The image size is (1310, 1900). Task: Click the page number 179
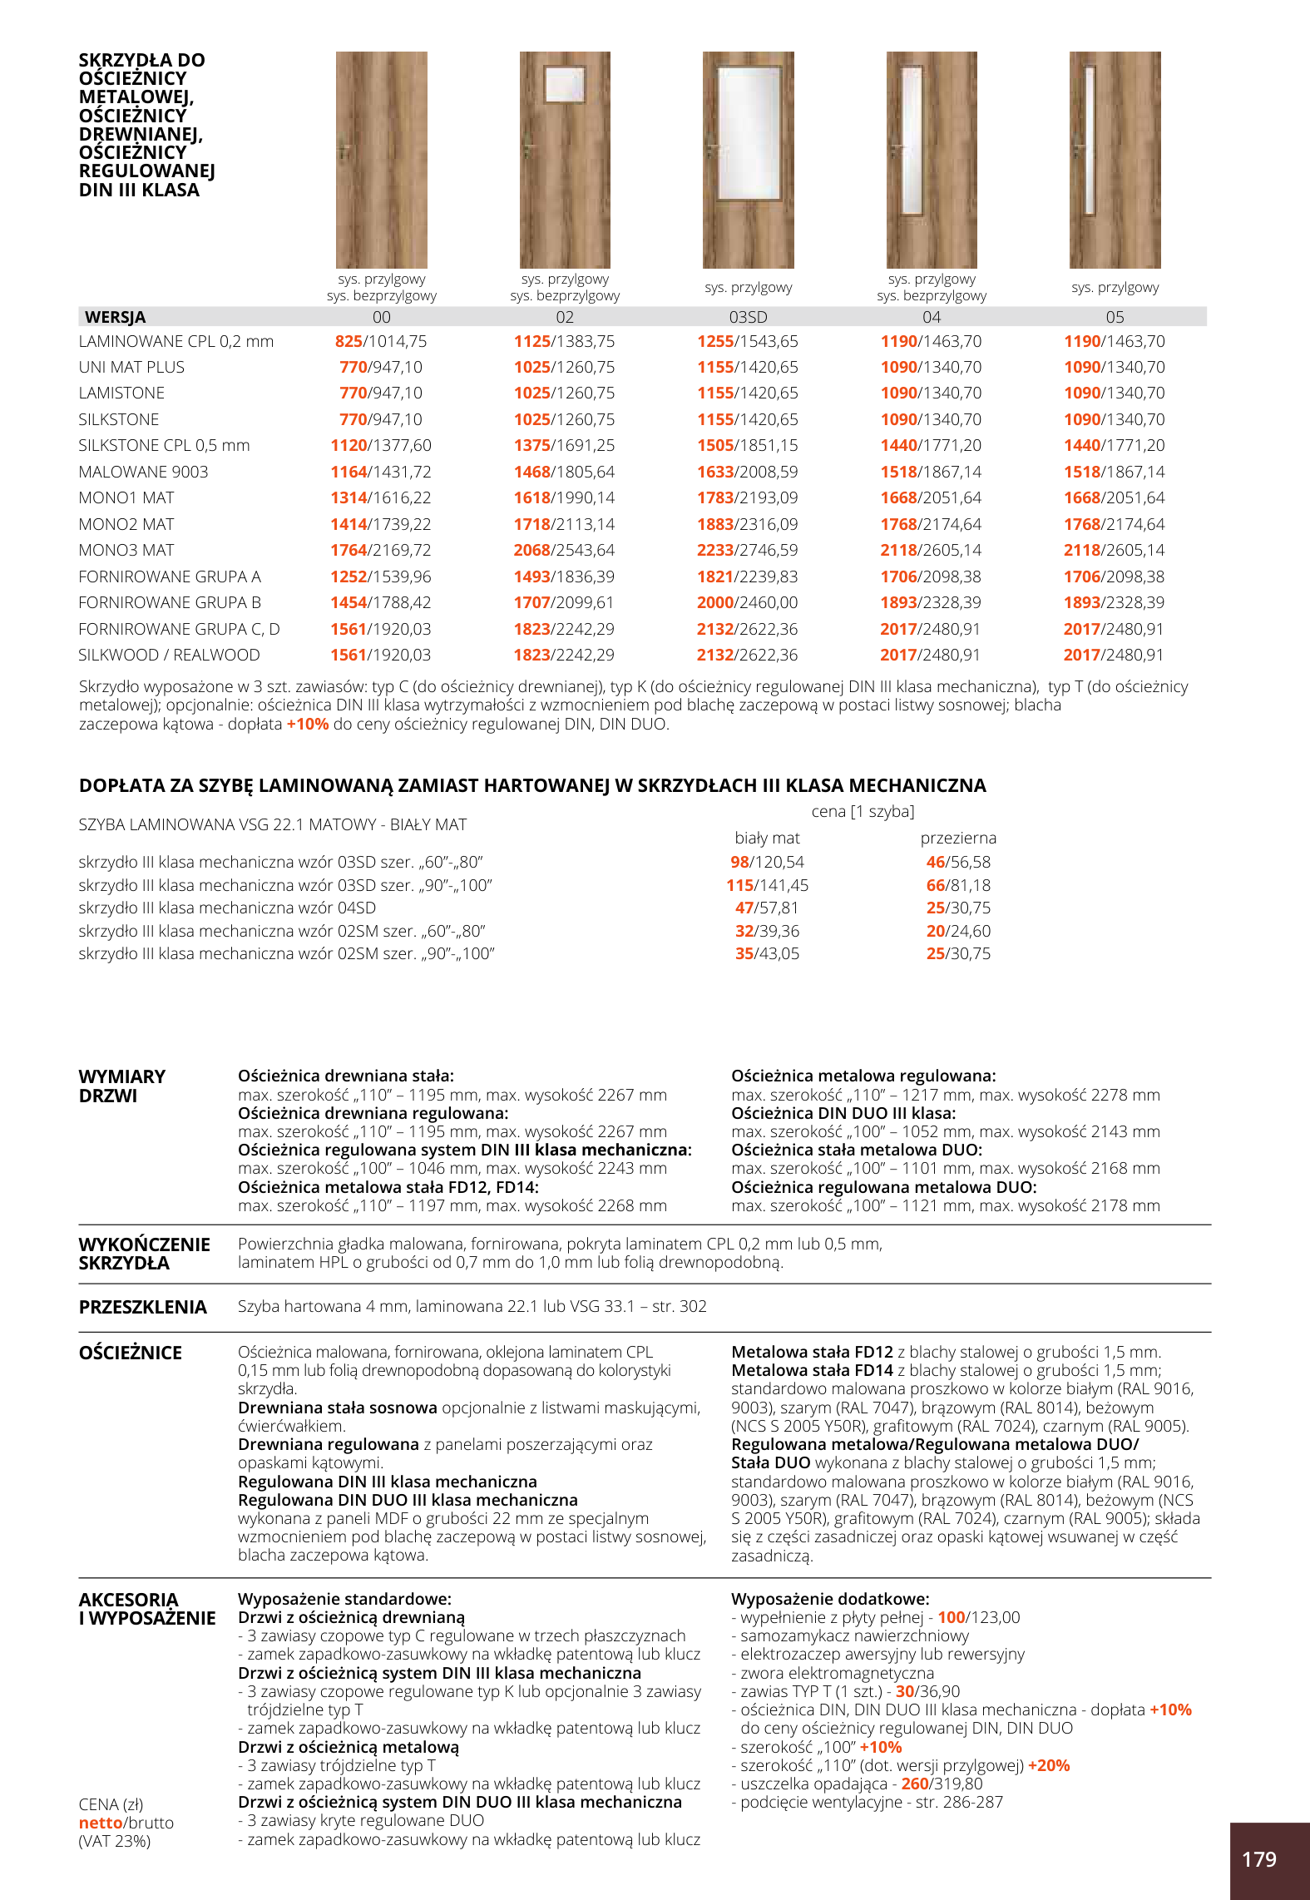(x=1258, y=1859)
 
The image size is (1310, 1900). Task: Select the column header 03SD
(x=748, y=317)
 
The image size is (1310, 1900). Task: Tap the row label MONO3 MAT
(x=126, y=550)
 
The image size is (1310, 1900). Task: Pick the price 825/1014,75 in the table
(x=381, y=341)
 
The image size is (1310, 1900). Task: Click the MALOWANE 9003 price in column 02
(x=564, y=472)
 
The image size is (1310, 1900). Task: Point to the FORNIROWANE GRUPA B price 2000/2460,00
(x=747, y=602)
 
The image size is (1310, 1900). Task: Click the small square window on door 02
(x=565, y=85)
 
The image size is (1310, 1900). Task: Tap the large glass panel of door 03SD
(x=749, y=133)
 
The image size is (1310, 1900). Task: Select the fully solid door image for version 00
(x=382, y=160)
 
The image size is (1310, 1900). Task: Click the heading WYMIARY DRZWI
(x=121, y=1086)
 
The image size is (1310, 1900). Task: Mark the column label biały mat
(x=767, y=838)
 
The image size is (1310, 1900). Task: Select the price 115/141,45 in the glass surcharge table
(x=767, y=885)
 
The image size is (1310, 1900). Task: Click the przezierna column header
(x=958, y=838)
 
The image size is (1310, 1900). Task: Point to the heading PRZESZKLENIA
(x=142, y=1307)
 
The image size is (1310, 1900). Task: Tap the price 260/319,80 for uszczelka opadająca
(x=942, y=1784)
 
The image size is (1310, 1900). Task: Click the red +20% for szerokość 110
(x=1049, y=1765)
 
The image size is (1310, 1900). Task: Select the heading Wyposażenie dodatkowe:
(x=830, y=1599)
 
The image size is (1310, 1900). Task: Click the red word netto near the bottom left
(x=101, y=1823)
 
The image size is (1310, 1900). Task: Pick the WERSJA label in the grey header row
(x=115, y=317)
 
